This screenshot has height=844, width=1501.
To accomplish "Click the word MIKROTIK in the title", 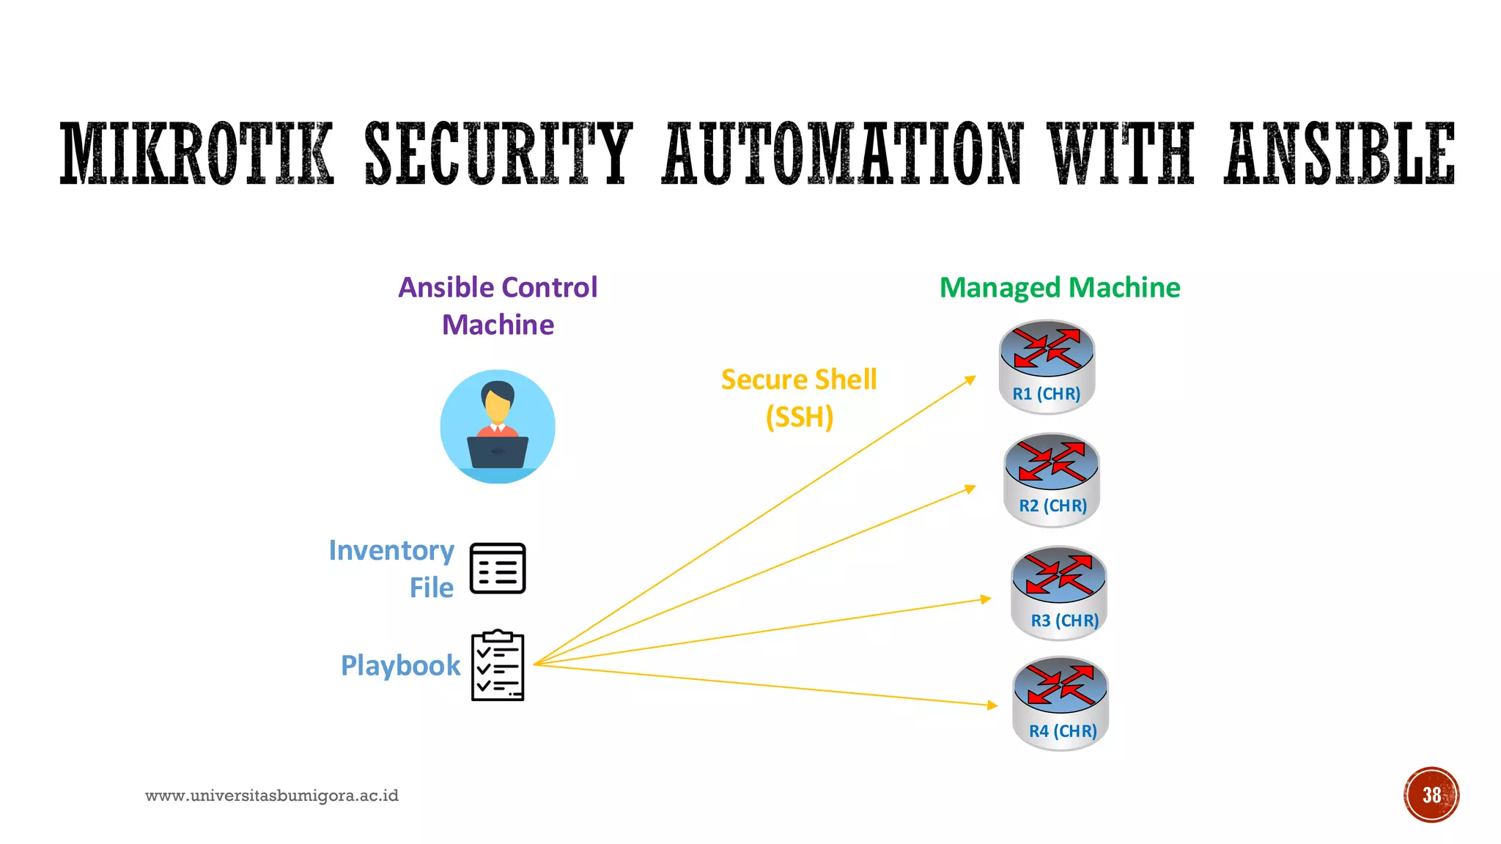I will [x=196, y=153].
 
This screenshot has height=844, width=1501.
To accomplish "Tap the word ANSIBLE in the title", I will [x=1339, y=153].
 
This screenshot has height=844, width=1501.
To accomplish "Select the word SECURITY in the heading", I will [x=498, y=153].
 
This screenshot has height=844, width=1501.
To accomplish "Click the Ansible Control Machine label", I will [x=498, y=306].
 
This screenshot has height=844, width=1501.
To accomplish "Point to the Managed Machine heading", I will [x=1060, y=287].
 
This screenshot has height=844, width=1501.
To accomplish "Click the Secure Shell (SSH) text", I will [x=799, y=398].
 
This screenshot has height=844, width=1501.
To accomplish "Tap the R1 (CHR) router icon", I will [x=1047, y=366].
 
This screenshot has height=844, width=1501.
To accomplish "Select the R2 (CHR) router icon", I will [x=1052, y=479].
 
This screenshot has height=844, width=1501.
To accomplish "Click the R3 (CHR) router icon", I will [x=1058, y=593].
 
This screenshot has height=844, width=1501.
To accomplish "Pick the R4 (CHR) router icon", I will [x=1061, y=703].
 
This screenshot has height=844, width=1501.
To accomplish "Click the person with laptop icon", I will [x=498, y=426].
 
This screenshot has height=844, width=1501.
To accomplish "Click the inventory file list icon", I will [x=498, y=569].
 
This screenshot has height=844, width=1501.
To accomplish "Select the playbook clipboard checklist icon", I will [x=498, y=665].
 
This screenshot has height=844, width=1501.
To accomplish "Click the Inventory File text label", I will [x=391, y=569].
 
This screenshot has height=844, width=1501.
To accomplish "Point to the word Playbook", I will [x=400, y=665].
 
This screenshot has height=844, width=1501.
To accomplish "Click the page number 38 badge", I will [x=1431, y=795].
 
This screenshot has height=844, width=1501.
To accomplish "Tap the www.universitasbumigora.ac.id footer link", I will [x=272, y=796].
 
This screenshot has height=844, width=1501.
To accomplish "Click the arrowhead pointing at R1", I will [x=971, y=380].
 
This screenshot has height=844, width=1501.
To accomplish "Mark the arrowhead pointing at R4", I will [x=992, y=705].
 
